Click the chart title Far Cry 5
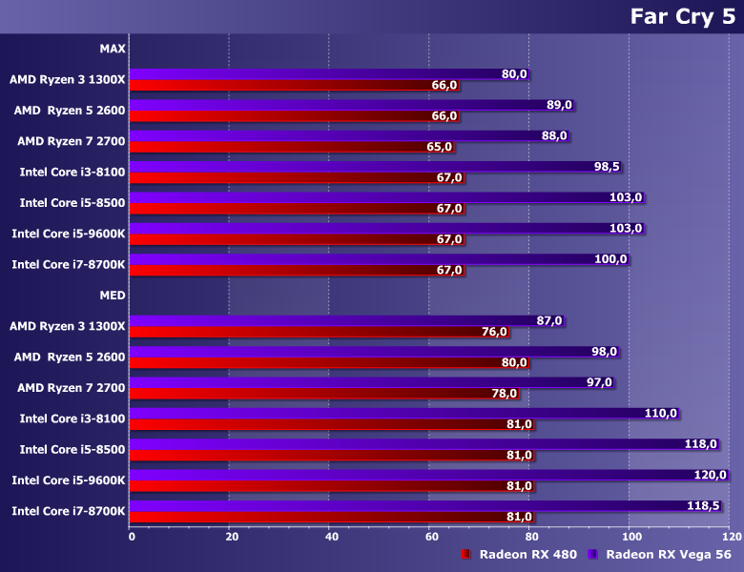681,17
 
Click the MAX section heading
112,49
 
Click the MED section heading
112,295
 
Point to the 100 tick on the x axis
629,536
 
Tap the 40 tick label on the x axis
331,536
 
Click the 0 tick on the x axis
132,536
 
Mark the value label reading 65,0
440,147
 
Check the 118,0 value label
701,444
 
